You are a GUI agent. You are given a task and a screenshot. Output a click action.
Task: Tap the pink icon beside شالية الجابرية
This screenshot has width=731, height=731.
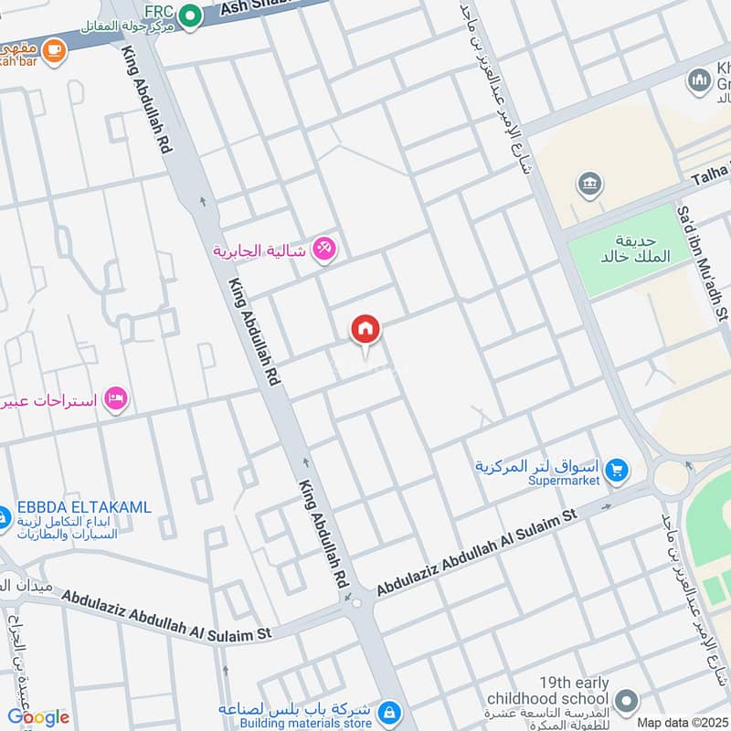[x=323, y=249]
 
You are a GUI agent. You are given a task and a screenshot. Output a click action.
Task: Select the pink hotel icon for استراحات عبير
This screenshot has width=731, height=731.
[x=116, y=398]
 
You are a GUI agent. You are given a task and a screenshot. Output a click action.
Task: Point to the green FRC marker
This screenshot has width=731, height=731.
[x=190, y=15]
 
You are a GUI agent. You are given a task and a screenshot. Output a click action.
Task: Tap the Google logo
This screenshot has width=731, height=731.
[x=37, y=716]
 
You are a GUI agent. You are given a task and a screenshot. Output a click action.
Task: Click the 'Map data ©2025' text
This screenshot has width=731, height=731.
[x=681, y=722]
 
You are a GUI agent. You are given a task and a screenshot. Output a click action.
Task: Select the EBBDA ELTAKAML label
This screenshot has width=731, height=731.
[x=83, y=507]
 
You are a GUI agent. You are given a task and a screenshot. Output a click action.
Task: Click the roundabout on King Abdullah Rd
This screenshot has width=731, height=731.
[x=355, y=602]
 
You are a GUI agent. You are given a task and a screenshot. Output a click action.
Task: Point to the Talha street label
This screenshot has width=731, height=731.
[x=710, y=171]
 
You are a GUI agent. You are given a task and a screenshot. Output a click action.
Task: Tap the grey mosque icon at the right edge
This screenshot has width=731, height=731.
[x=700, y=80]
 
